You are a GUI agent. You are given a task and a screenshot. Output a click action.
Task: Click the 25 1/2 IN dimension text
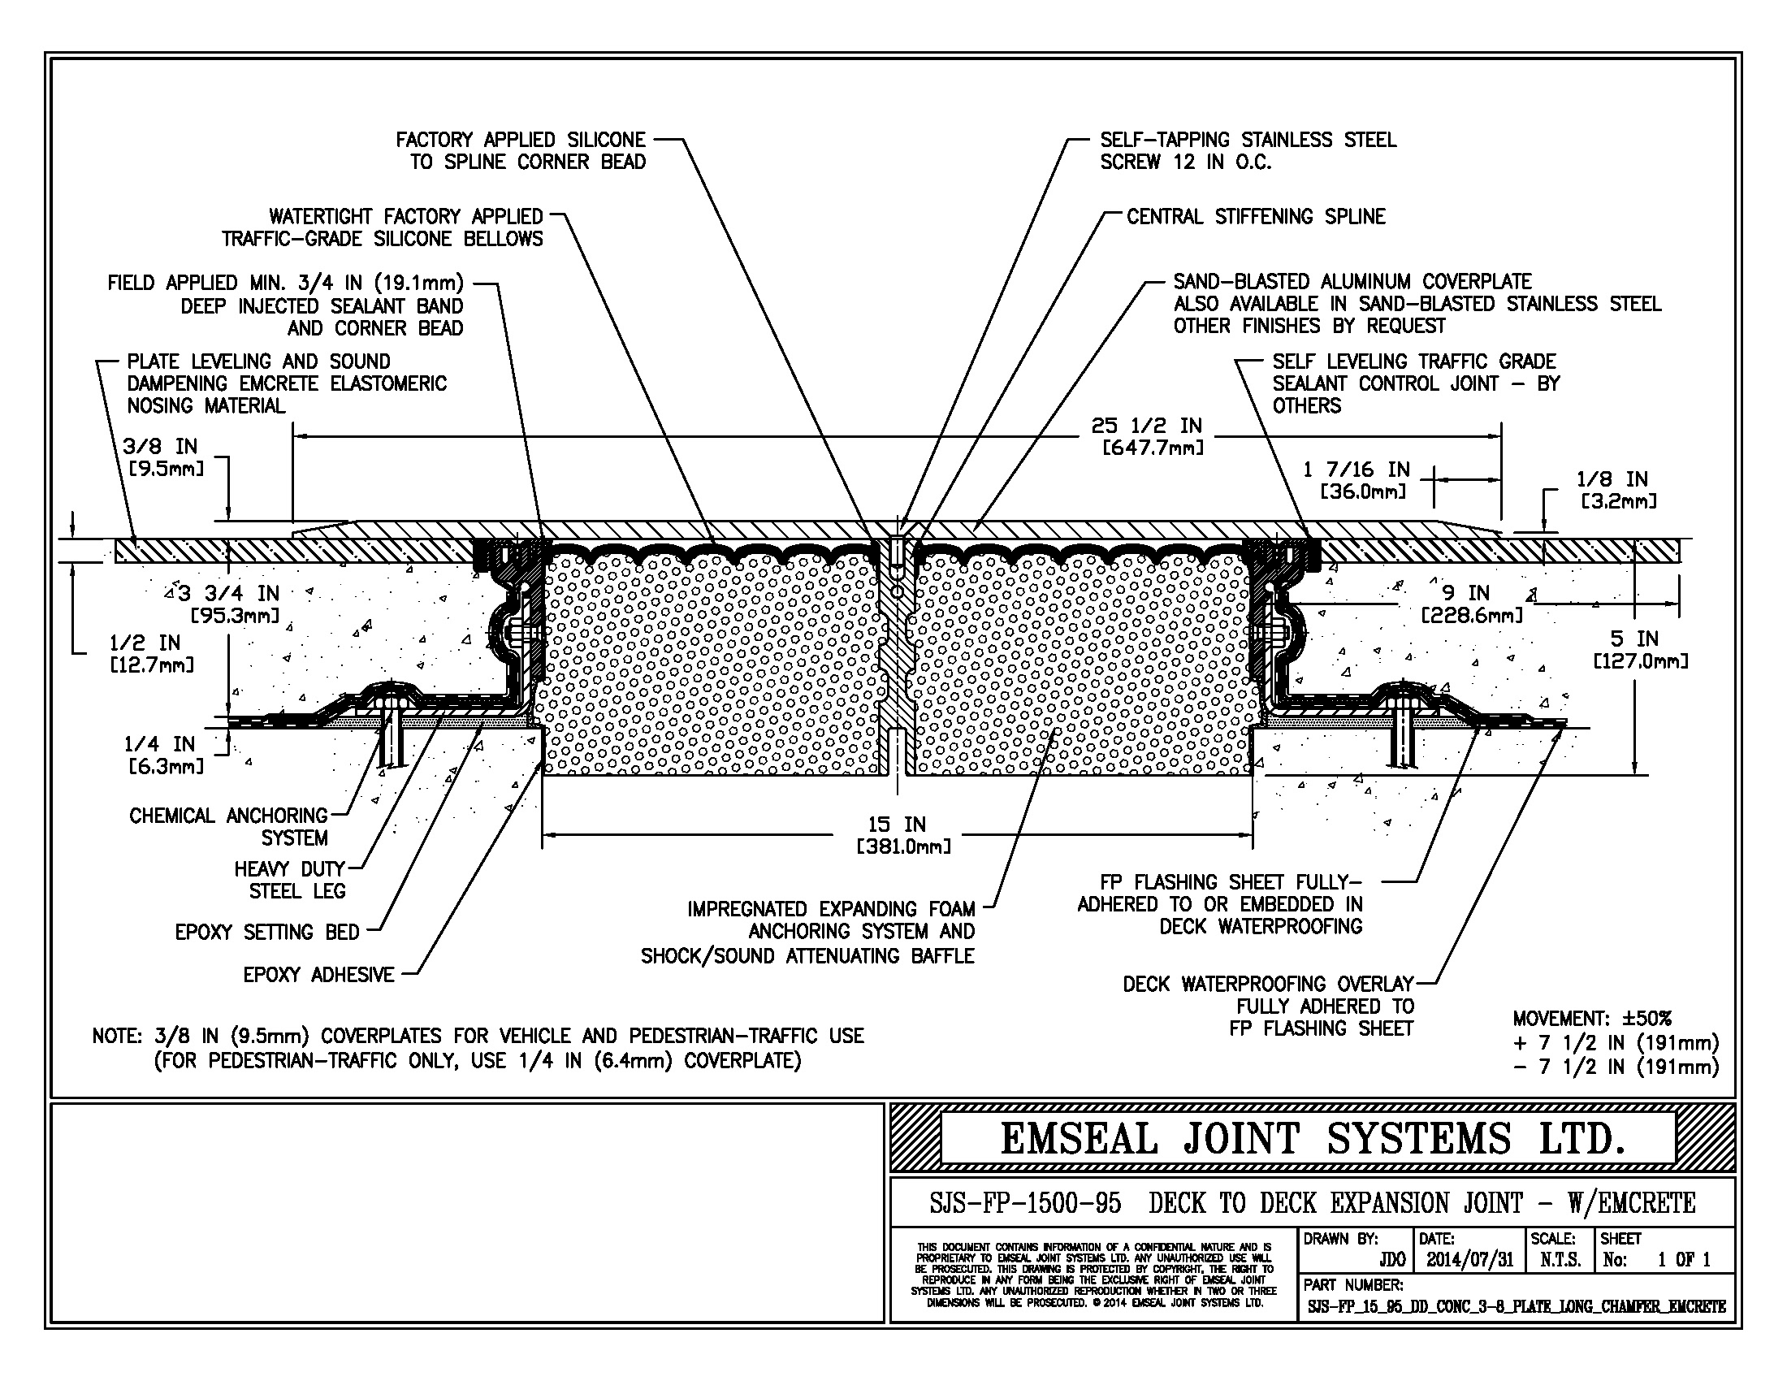point(1146,426)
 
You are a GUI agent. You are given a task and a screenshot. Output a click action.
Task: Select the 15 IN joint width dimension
point(897,825)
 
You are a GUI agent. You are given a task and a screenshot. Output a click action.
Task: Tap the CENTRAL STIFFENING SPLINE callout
point(1255,217)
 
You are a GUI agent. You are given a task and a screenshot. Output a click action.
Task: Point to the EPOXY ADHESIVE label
point(318,974)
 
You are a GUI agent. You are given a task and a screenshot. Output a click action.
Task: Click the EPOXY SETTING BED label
point(266,932)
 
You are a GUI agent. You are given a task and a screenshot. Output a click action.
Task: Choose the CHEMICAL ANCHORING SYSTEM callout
point(228,826)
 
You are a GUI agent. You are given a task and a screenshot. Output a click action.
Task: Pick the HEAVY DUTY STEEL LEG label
point(290,880)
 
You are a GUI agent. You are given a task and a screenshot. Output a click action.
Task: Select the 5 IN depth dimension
point(1635,639)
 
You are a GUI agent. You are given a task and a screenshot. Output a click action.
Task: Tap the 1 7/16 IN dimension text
point(1356,470)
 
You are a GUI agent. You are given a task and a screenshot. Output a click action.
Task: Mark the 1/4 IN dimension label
point(159,744)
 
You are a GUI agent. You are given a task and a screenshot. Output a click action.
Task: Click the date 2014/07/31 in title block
point(1470,1260)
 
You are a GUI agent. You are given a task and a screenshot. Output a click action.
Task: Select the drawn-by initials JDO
point(1391,1260)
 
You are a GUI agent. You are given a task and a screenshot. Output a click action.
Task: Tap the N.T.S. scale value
point(1560,1260)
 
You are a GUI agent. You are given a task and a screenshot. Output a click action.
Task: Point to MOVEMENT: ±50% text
point(1591,1019)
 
